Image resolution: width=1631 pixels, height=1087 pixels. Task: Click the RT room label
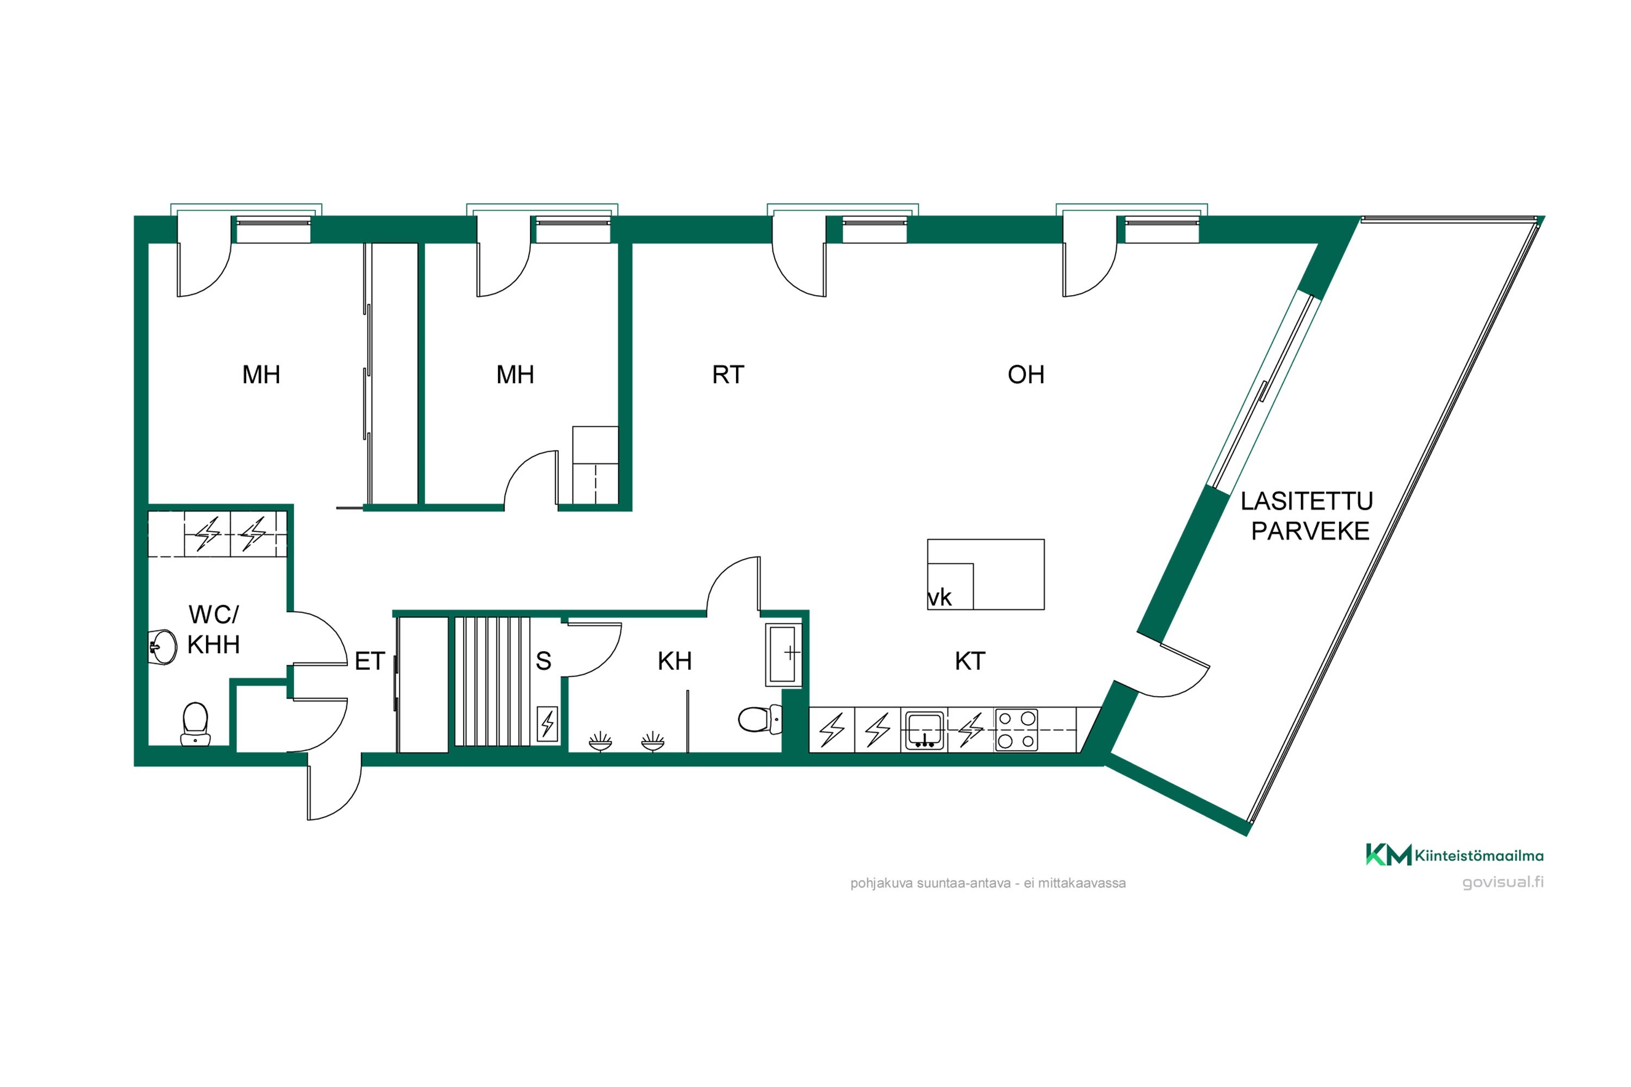pyautogui.click(x=727, y=375)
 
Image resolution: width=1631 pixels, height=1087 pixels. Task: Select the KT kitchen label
pyautogui.click(x=969, y=661)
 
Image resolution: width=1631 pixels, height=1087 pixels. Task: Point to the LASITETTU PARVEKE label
pyautogui.click(x=1307, y=516)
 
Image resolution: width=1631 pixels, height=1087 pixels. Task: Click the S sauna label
pyautogui.click(x=544, y=661)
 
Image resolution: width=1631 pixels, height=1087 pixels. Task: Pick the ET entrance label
pyautogui.click(x=370, y=661)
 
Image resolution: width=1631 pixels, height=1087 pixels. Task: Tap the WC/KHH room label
pyautogui.click(x=214, y=629)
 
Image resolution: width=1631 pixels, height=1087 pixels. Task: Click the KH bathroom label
pyautogui.click(x=675, y=661)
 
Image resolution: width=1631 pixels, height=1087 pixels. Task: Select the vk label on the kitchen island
pyautogui.click(x=939, y=597)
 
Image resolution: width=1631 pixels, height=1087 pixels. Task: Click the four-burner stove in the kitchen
pyautogui.click(x=1016, y=730)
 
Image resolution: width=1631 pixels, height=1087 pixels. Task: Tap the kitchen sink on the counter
pyautogui.click(x=924, y=730)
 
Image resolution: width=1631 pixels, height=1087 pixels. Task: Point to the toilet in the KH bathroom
pyautogui.click(x=760, y=720)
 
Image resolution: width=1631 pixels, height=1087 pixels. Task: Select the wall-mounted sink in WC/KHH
pyautogui.click(x=164, y=647)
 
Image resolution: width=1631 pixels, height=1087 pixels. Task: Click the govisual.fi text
pyautogui.click(x=1503, y=883)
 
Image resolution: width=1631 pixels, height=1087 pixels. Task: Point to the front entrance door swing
pyautogui.click(x=335, y=790)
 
